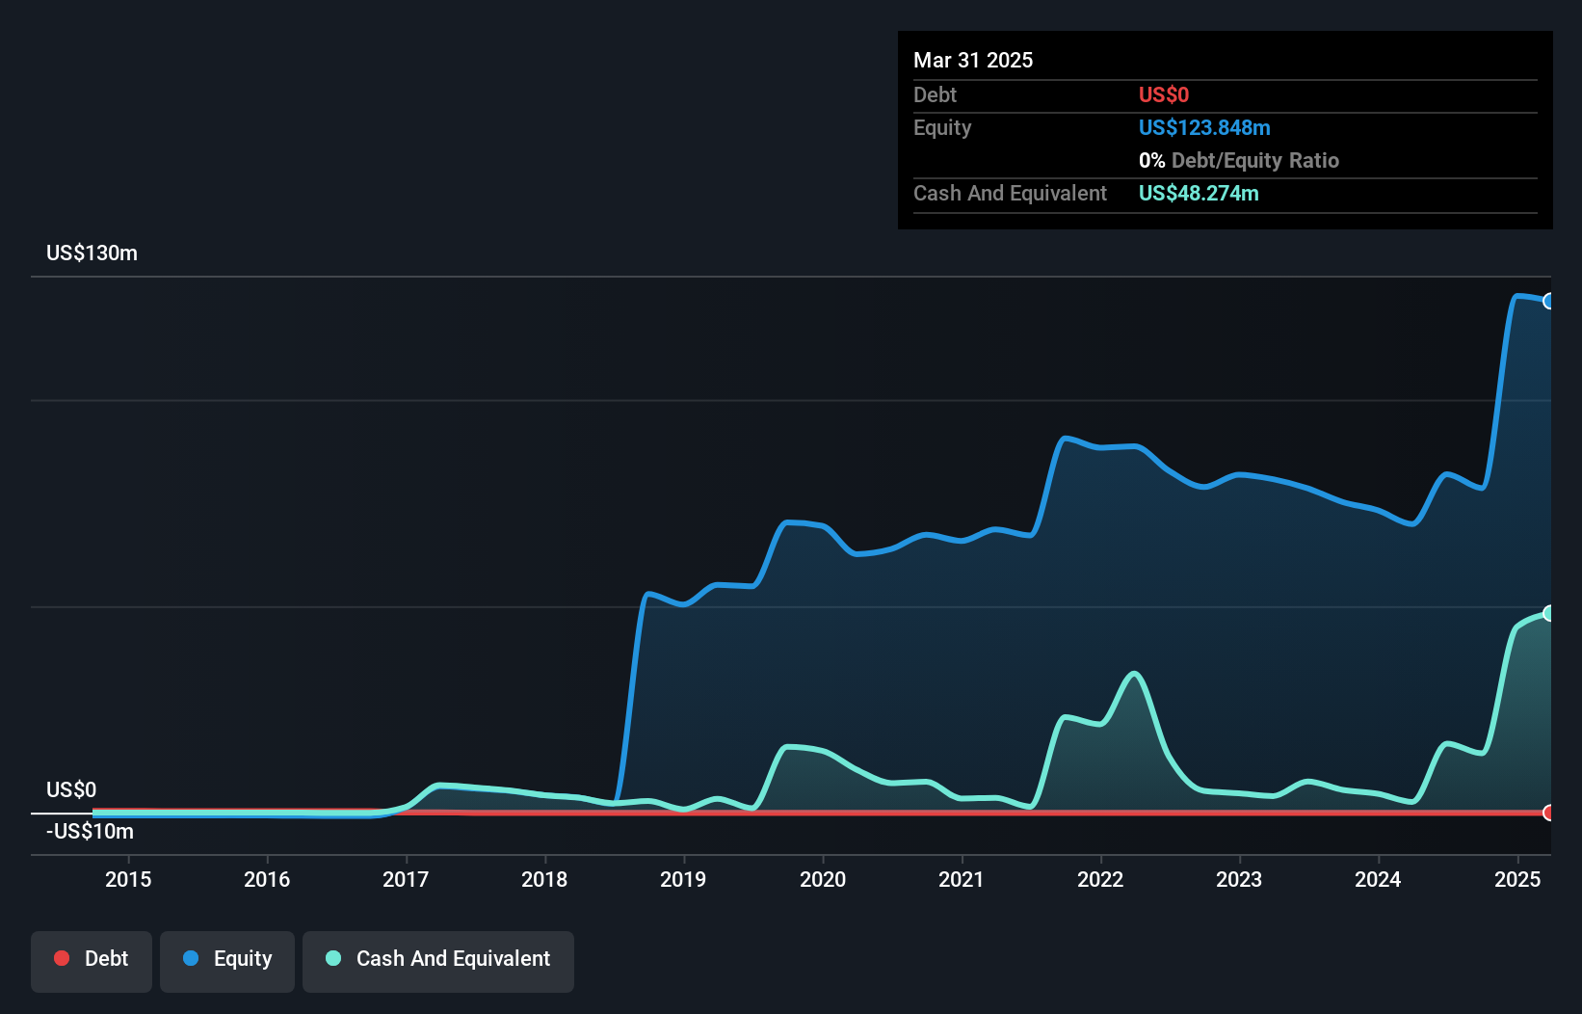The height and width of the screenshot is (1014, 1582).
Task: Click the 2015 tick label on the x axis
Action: coord(128,879)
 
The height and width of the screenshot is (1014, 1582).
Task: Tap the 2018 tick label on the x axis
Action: coord(544,879)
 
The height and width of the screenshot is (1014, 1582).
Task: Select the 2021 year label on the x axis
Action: coord(962,879)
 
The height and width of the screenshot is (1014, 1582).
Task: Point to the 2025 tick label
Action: coord(1516,879)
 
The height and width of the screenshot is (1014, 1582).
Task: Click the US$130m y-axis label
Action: coord(92,253)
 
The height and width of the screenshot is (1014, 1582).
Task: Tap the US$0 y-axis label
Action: coord(71,790)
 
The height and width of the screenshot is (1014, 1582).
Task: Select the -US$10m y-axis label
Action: coord(90,832)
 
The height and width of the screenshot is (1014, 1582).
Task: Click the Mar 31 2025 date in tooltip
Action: coord(973,61)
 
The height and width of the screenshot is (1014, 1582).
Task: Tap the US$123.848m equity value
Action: coord(1203,128)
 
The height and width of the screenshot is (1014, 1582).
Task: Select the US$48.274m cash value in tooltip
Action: coord(1198,194)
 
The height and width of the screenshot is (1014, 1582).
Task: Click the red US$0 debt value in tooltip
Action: coord(1163,95)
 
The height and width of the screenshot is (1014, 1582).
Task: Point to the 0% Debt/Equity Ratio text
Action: coord(1238,161)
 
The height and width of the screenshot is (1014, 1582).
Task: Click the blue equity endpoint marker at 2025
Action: coord(1548,302)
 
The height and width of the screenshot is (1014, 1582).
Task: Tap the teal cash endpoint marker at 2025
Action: coord(1548,613)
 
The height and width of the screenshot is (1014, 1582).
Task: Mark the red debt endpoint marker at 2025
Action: coord(1548,813)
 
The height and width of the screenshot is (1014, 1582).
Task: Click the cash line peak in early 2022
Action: coord(1134,674)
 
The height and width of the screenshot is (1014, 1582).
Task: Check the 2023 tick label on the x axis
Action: coord(1239,879)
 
